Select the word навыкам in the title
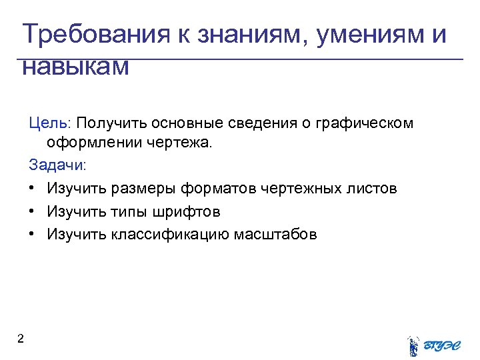click(x=75, y=67)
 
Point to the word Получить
click(x=112, y=123)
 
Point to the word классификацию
click(x=168, y=234)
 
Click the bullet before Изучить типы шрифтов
click(x=32, y=211)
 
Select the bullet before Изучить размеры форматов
click(x=32, y=189)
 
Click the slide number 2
click(x=21, y=339)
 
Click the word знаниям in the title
click(x=247, y=35)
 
